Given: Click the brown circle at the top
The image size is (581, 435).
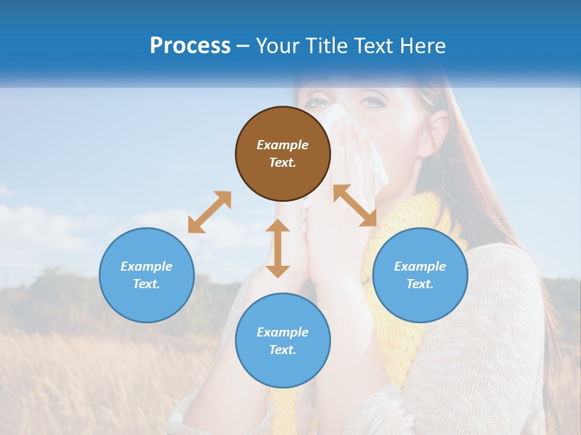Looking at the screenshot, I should pos(283,153).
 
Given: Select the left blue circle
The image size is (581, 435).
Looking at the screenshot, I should pos(146,275).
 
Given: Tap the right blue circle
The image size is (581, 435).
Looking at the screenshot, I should pos(420,275).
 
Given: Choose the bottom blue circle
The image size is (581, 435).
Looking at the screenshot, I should pos(283,341).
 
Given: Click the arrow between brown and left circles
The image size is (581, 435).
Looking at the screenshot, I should pos(209,212).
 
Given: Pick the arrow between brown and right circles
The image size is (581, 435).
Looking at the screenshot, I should pos(355,205).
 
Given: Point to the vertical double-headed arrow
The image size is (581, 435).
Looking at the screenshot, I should pos(278,248).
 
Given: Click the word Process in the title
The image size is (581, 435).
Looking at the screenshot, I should pos(190,46).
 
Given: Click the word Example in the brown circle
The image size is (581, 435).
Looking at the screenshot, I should pos(283,145).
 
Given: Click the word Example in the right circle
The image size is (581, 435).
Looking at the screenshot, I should pos(420,266).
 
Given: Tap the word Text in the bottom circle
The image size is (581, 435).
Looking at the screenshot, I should pos(283,350).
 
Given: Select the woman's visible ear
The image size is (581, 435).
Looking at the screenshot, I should pos(439,130).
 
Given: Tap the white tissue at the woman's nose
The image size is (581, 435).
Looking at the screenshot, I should pos(357,139).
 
